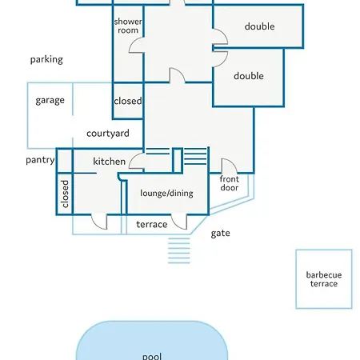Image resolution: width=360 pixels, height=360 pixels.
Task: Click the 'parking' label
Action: point(46,59)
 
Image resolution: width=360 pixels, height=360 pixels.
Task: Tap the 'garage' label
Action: point(50,100)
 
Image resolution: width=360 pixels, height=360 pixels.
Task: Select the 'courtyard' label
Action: point(108,134)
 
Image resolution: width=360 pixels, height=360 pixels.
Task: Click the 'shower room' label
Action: point(128,26)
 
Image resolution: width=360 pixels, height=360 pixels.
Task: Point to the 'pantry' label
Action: point(40,160)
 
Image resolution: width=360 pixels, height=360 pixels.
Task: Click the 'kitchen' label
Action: point(109,162)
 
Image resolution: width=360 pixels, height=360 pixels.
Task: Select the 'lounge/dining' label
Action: point(166,193)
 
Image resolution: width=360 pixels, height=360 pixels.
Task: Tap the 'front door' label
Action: point(230,183)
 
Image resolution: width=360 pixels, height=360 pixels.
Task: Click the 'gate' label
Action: point(220,234)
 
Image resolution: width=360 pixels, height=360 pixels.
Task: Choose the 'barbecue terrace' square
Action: point(324,279)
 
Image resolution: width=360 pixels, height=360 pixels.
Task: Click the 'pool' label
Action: point(152,356)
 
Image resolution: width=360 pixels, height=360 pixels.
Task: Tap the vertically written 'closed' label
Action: point(65,194)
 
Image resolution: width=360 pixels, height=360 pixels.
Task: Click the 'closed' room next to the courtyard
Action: point(128,101)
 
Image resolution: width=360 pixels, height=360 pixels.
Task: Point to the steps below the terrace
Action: point(179,250)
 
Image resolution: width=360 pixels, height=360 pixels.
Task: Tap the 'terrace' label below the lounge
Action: point(152,225)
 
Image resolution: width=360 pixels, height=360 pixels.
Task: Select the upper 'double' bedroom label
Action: point(259,26)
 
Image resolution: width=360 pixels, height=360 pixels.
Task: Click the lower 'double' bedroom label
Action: point(249,76)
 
